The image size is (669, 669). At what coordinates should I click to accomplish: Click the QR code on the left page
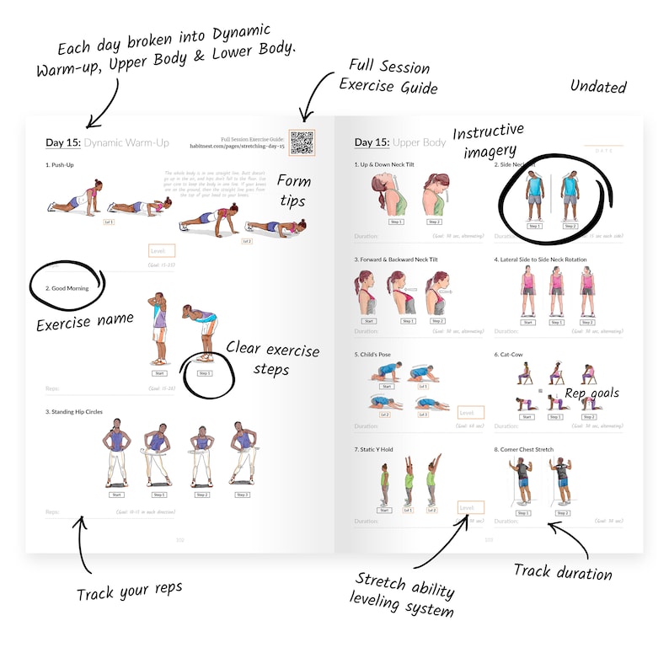coord(301,142)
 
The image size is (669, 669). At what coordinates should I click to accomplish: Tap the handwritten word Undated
coord(598,86)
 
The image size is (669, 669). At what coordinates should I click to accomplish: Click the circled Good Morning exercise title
coord(67,288)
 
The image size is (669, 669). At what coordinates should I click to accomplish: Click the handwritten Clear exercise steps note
coord(273,358)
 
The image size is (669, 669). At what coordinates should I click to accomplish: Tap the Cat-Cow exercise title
coord(508,355)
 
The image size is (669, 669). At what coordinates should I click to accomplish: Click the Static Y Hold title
coord(375,450)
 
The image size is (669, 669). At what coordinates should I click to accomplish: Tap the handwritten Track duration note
coord(563,572)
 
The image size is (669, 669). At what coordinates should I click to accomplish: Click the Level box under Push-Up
coord(161,250)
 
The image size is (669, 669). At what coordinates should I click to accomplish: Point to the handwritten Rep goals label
coord(591,393)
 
